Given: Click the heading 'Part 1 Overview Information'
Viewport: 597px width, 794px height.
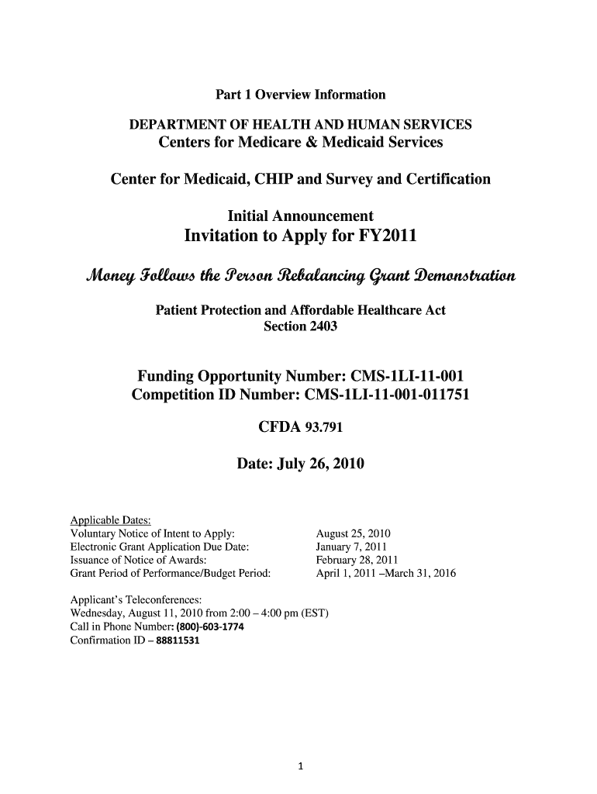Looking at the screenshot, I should click(300, 95).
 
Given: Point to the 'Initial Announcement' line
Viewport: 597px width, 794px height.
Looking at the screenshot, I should click(300, 216).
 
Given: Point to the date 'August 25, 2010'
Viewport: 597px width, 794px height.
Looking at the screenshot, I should click(354, 534).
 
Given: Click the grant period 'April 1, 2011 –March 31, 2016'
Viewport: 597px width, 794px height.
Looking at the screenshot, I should click(386, 575).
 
